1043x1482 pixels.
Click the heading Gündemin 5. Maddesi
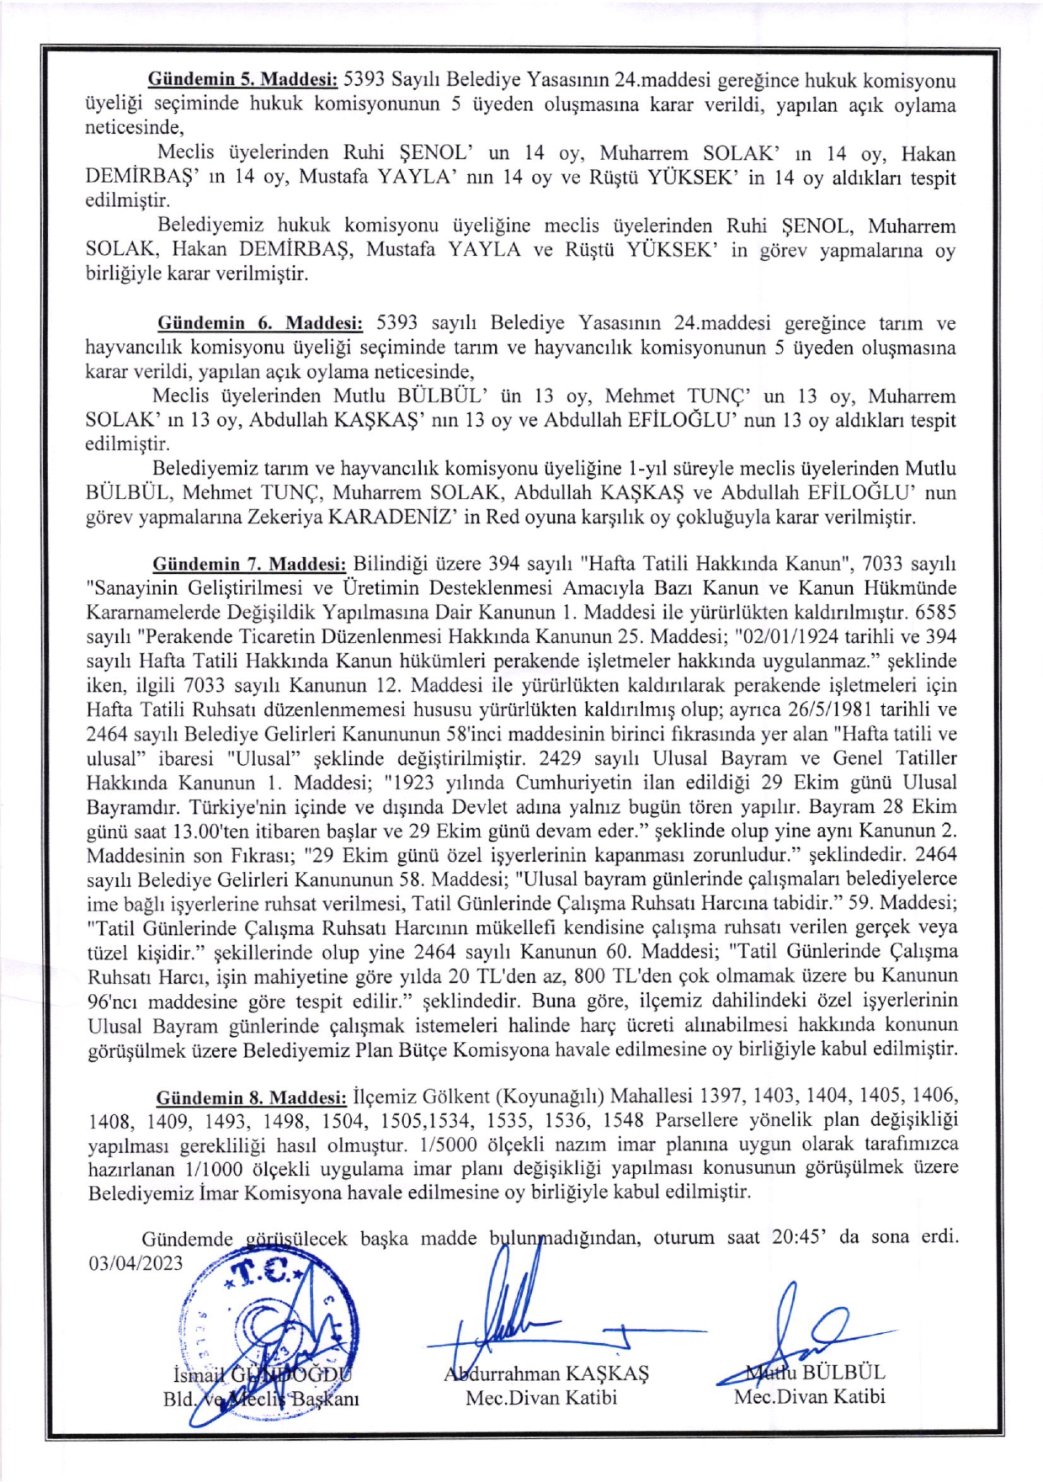point(242,81)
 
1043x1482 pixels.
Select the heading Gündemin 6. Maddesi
point(260,323)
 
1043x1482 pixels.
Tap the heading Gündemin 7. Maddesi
point(249,564)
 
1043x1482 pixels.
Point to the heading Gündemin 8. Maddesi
point(251,1097)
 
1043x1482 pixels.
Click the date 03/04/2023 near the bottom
point(136,1263)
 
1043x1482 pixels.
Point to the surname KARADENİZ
point(392,517)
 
